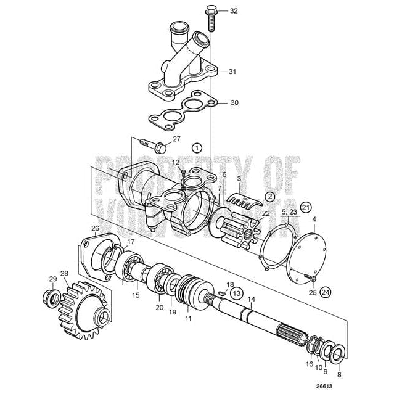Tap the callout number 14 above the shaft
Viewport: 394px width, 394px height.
tap(251, 300)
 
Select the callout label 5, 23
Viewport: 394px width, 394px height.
tap(289, 211)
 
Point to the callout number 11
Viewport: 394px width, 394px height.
tap(189, 319)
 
